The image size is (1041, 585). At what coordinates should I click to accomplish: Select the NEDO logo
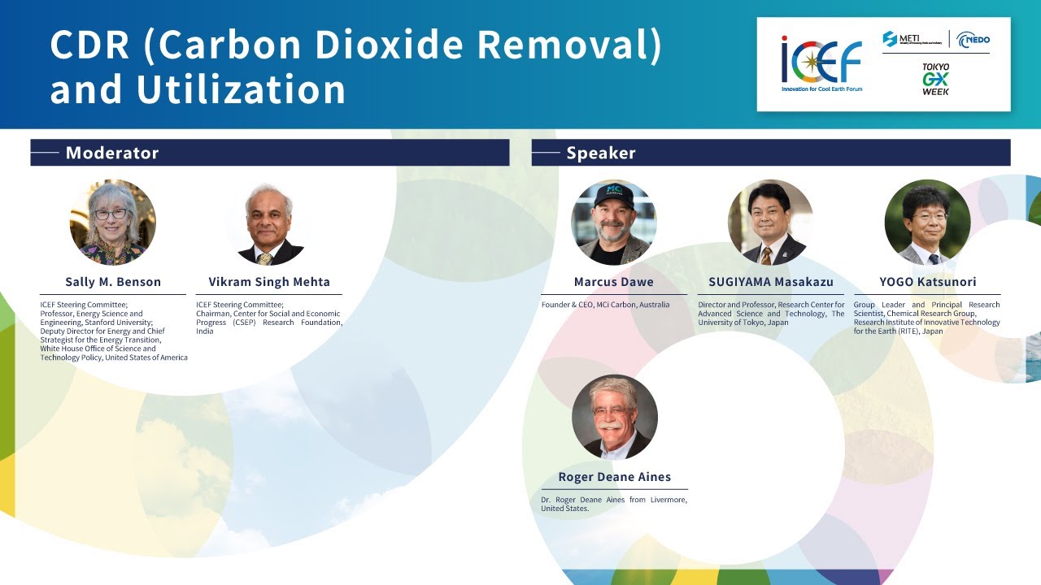(x=973, y=39)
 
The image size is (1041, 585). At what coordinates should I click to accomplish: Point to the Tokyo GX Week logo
(x=935, y=79)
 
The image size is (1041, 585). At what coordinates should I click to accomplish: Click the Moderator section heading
(x=112, y=153)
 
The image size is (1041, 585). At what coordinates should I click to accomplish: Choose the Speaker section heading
(x=601, y=153)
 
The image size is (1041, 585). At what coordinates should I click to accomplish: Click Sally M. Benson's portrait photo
(x=112, y=222)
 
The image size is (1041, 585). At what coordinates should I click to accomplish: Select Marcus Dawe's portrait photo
(x=613, y=222)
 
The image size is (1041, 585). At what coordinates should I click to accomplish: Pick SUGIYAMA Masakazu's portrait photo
(x=770, y=222)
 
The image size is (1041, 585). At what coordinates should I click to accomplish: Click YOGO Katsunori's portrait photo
(x=927, y=222)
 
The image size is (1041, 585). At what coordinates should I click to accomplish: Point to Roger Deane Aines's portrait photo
(x=614, y=417)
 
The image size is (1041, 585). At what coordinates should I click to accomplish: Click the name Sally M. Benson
(x=113, y=282)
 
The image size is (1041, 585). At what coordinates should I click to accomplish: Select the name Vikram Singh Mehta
(x=268, y=282)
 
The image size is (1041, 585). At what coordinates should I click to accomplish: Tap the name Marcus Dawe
(x=614, y=282)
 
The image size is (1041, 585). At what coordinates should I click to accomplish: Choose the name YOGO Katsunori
(x=927, y=282)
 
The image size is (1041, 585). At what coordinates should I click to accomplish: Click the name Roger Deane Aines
(x=614, y=477)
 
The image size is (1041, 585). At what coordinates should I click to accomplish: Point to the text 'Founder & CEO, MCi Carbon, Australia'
(x=605, y=305)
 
